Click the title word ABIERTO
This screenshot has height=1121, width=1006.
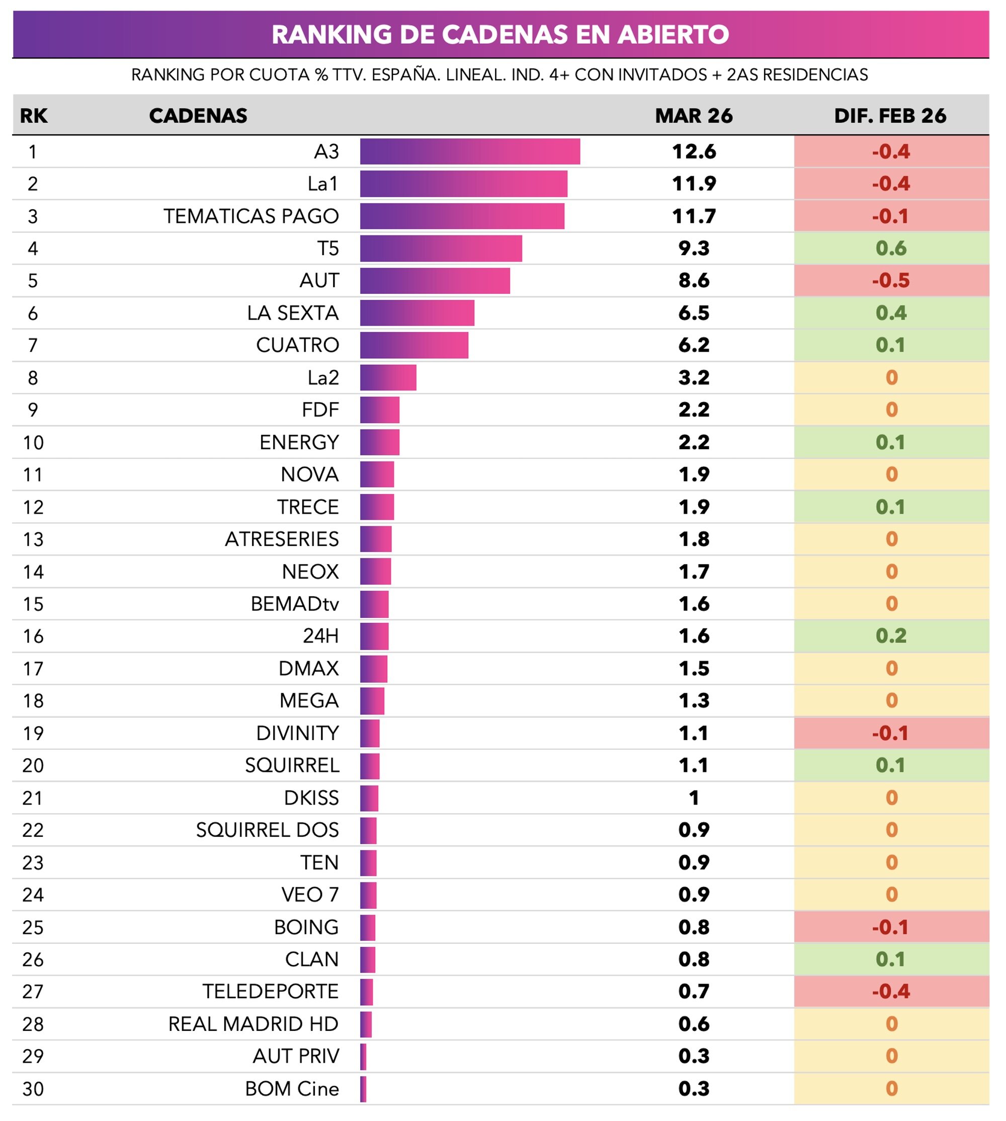pos(673,34)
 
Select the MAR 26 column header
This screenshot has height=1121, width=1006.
pos(694,116)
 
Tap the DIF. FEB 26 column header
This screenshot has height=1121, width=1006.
pos(890,116)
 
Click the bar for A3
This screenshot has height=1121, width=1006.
pos(470,151)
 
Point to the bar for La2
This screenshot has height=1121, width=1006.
pos(388,377)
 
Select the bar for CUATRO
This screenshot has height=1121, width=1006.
pos(414,345)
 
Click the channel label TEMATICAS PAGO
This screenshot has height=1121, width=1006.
pos(251,216)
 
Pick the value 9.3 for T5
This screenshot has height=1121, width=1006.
pos(694,248)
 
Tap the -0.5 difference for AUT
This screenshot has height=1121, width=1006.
pos(890,280)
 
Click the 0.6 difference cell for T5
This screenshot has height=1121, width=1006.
pos(890,248)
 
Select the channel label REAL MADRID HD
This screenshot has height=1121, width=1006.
pos(253,1024)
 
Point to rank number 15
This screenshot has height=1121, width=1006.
pos(33,604)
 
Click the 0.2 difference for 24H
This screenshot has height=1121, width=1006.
pos(890,635)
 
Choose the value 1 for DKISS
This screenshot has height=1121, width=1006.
pos(694,797)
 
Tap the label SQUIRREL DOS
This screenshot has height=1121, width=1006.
pos(268,830)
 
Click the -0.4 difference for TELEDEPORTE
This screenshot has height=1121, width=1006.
pos(890,991)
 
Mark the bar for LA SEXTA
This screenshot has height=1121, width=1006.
pos(417,313)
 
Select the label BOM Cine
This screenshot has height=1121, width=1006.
pos(292,1088)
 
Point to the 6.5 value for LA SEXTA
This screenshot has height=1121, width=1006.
pos(694,313)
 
